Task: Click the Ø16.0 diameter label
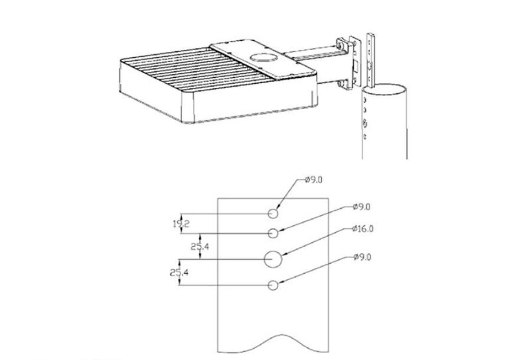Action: tap(363, 228)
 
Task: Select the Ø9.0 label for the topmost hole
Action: tap(314, 180)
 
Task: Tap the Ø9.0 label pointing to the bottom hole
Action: tap(362, 257)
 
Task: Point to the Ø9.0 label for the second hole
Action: tap(361, 207)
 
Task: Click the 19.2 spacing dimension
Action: tap(181, 224)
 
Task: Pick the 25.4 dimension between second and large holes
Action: tap(200, 247)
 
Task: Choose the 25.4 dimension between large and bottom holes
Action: tap(179, 273)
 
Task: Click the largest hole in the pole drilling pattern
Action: tap(273, 259)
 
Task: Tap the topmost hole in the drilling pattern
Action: tap(273, 214)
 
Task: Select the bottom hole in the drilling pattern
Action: tap(273, 285)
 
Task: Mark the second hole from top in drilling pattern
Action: tap(273, 233)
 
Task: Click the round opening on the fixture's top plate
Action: tap(263, 57)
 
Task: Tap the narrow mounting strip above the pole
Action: tap(371, 60)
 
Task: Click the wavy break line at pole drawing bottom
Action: tap(273, 343)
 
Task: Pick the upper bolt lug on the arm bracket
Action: tap(340, 44)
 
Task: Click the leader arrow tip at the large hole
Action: tap(283, 255)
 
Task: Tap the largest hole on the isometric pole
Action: tap(365, 124)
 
